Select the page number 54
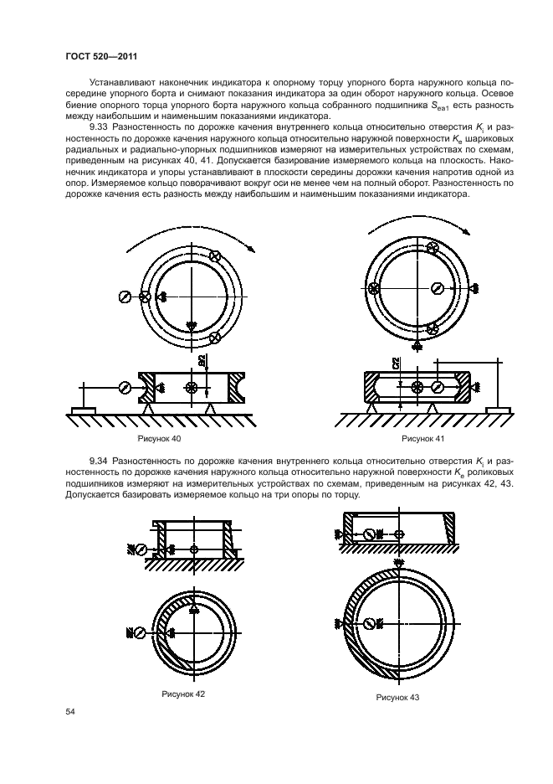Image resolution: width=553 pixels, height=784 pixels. tap(70, 711)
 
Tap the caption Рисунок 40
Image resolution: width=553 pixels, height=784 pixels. tap(159, 439)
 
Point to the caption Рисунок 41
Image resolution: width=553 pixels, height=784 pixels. tap(422, 439)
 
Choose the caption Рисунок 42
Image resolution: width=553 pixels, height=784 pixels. tap(183, 694)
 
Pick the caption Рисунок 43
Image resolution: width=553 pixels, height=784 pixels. tap(397, 698)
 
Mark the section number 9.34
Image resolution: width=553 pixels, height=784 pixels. tap(100, 462)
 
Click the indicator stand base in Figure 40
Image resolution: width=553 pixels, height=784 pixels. tap(84, 410)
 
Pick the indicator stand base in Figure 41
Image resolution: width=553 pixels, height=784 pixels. tap(498, 410)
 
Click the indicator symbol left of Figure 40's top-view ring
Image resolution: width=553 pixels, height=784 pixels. tap(124, 296)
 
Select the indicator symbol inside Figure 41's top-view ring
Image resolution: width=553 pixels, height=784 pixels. tap(437, 288)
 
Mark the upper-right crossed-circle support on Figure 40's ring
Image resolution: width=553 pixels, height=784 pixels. tap(215, 257)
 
